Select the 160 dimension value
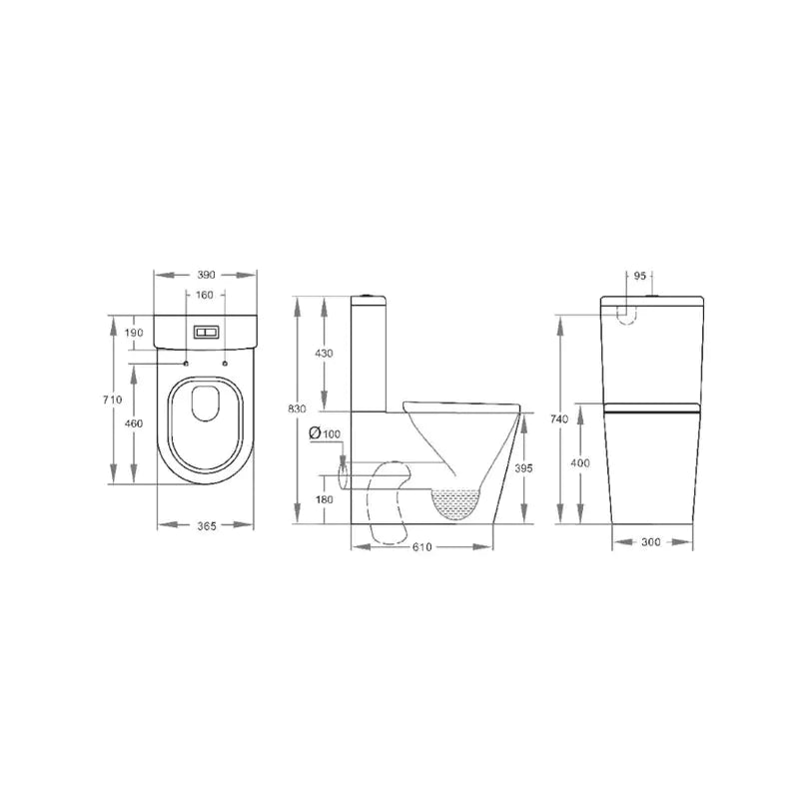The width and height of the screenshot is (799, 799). [204, 295]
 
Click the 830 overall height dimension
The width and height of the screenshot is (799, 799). [297, 409]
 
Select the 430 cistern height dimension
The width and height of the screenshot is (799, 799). [325, 354]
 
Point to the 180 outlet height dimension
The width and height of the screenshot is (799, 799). [325, 499]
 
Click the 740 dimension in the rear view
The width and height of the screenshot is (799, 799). [559, 419]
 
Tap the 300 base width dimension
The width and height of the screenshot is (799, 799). [652, 542]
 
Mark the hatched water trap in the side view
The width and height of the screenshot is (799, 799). [457, 502]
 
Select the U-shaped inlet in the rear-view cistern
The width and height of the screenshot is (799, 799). [626, 313]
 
